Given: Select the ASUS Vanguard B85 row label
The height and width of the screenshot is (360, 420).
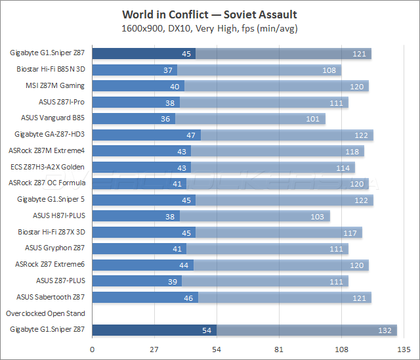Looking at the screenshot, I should click(x=53, y=118).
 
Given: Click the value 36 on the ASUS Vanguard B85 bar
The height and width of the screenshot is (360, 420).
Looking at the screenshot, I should click(x=165, y=119).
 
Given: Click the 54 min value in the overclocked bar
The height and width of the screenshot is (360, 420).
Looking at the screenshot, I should click(x=208, y=330).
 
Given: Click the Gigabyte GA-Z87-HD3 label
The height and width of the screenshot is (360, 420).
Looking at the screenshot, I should click(x=50, y=135).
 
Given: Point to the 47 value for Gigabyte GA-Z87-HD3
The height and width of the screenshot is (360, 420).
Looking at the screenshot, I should click(x=191, y=135).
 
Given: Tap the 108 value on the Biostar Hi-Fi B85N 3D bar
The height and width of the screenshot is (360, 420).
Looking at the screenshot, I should click(x=329, y=70).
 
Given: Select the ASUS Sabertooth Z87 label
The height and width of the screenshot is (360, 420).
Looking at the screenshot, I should click(x=51, y=297).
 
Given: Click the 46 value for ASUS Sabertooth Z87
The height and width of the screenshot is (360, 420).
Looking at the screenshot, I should click(x=188, y=298).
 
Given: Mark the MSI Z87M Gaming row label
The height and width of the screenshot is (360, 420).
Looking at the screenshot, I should click(x=55, y=85).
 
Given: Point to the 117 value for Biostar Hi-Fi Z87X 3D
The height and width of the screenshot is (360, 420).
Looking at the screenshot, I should click(x=349, y=233).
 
